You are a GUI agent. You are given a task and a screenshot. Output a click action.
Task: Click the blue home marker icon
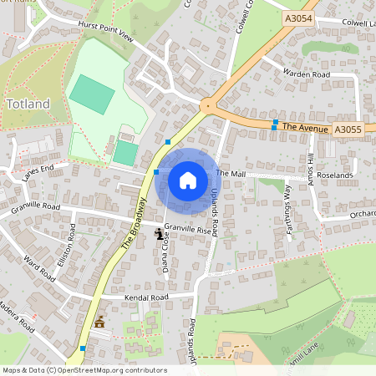(x=188, y=180)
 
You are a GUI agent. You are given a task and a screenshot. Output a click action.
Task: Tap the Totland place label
(x=28, y=104)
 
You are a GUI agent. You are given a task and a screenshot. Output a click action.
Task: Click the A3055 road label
(x=348, y=130)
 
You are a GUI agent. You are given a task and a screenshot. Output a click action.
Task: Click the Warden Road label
(x=307, y=74)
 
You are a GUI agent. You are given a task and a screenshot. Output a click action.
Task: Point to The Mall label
(x=230, y=173)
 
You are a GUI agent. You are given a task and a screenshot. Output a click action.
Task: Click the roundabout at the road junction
(x=206, y=105)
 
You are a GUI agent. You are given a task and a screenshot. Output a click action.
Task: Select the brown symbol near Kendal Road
(x=100, y=321)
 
